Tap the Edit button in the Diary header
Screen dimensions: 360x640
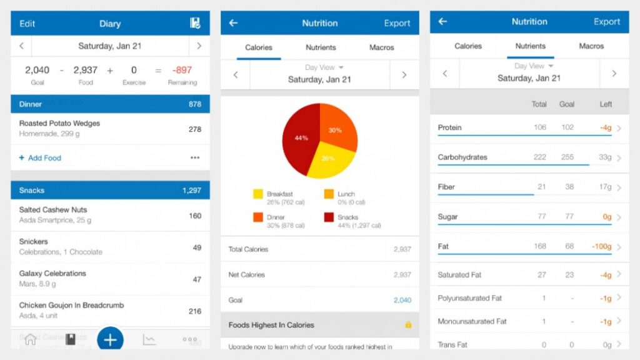tap(27, 24)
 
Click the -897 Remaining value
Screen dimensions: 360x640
tap(182, 70)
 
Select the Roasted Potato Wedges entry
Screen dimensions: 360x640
tap(59, 123)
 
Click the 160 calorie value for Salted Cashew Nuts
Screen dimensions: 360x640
tap(195, 216)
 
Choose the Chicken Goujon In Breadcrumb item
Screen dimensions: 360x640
tap(71, 306)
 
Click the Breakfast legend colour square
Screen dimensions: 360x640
tap(257, 194)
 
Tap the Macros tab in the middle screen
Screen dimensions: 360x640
tap(381, 47)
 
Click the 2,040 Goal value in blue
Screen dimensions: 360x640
tap(402, 300)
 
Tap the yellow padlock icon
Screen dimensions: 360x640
tap(408, 325)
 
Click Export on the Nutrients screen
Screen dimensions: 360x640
tap(606, 21)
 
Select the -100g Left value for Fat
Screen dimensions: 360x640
tap(601, 247)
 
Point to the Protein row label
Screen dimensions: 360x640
tap(449, 127)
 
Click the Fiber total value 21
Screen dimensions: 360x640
tap(541, 187)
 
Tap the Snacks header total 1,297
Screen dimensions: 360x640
tap(191, 190)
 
